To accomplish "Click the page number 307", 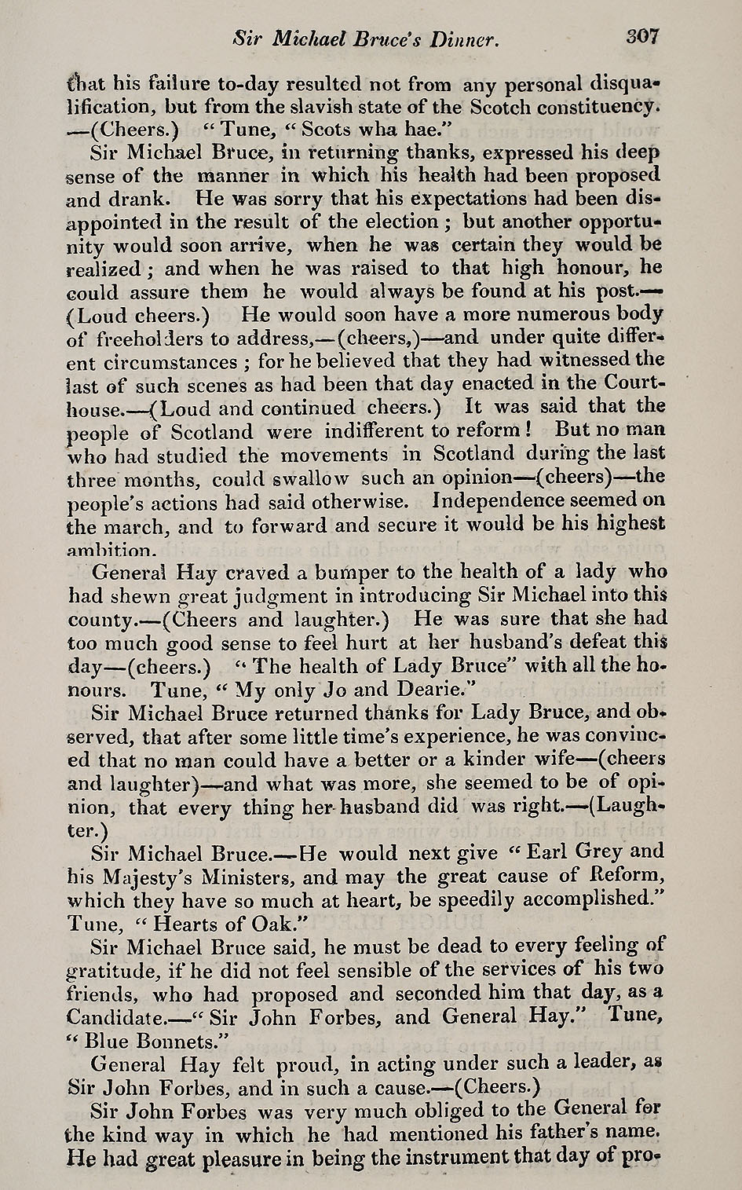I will (x=643, y=37).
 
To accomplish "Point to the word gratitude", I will (x=117, y=969).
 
